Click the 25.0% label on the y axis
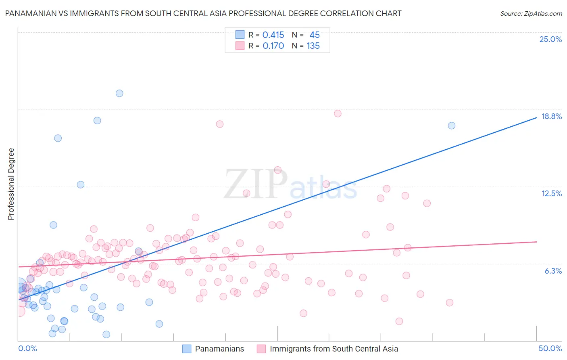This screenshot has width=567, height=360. (x=550, y=39)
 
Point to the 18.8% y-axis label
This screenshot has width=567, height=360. (x=551, y=116)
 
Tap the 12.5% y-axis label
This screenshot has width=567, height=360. (x=551, y=193)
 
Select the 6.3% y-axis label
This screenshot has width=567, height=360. (x=553, y=271)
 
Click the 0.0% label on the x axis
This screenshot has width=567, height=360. (x=27, y=348)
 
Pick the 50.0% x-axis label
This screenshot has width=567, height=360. (x=550, y=348)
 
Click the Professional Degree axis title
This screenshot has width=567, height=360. (x=11, y=184)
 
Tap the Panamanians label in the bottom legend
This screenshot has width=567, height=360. (x=219, y=349)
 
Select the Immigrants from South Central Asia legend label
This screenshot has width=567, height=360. (x=334, y=349)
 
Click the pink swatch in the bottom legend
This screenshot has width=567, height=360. (x=261, y=349)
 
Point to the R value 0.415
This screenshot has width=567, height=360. (x=273, y=35)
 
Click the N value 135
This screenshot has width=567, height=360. (x=313, y=46)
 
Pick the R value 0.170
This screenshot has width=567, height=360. (x=273, y=46)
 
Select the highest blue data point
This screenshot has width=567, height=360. (x=119, y=93)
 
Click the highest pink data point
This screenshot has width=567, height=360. (x=338, y=113)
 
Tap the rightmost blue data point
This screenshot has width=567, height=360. (x=452, y=126)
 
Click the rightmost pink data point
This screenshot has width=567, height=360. (x=450, y=303)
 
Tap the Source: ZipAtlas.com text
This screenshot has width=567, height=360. (x=531, y=13)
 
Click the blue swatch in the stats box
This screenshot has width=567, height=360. (x=240, y=35)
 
